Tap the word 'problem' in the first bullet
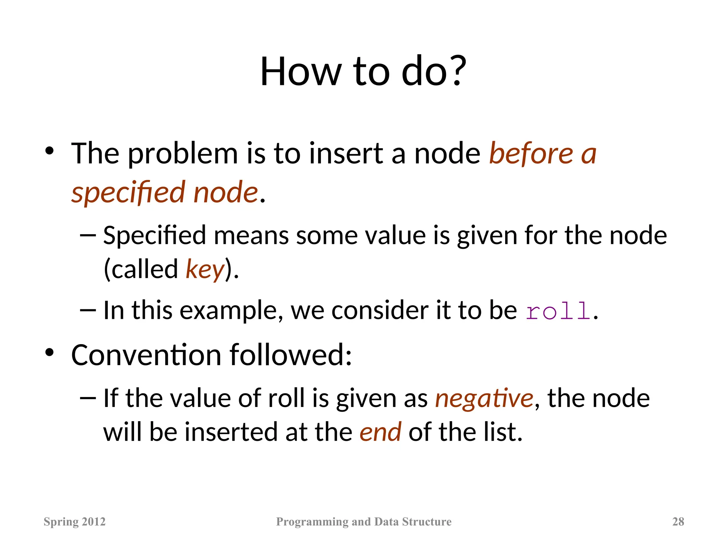[x=183, y=154]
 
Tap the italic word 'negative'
[x=484, y=398]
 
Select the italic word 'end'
[x=380, y=432]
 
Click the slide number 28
[x=678, y=521]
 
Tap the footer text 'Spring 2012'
[x=75, y=521]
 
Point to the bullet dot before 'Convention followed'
[x=49, y=353]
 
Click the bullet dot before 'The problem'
[x=49, y=151]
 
